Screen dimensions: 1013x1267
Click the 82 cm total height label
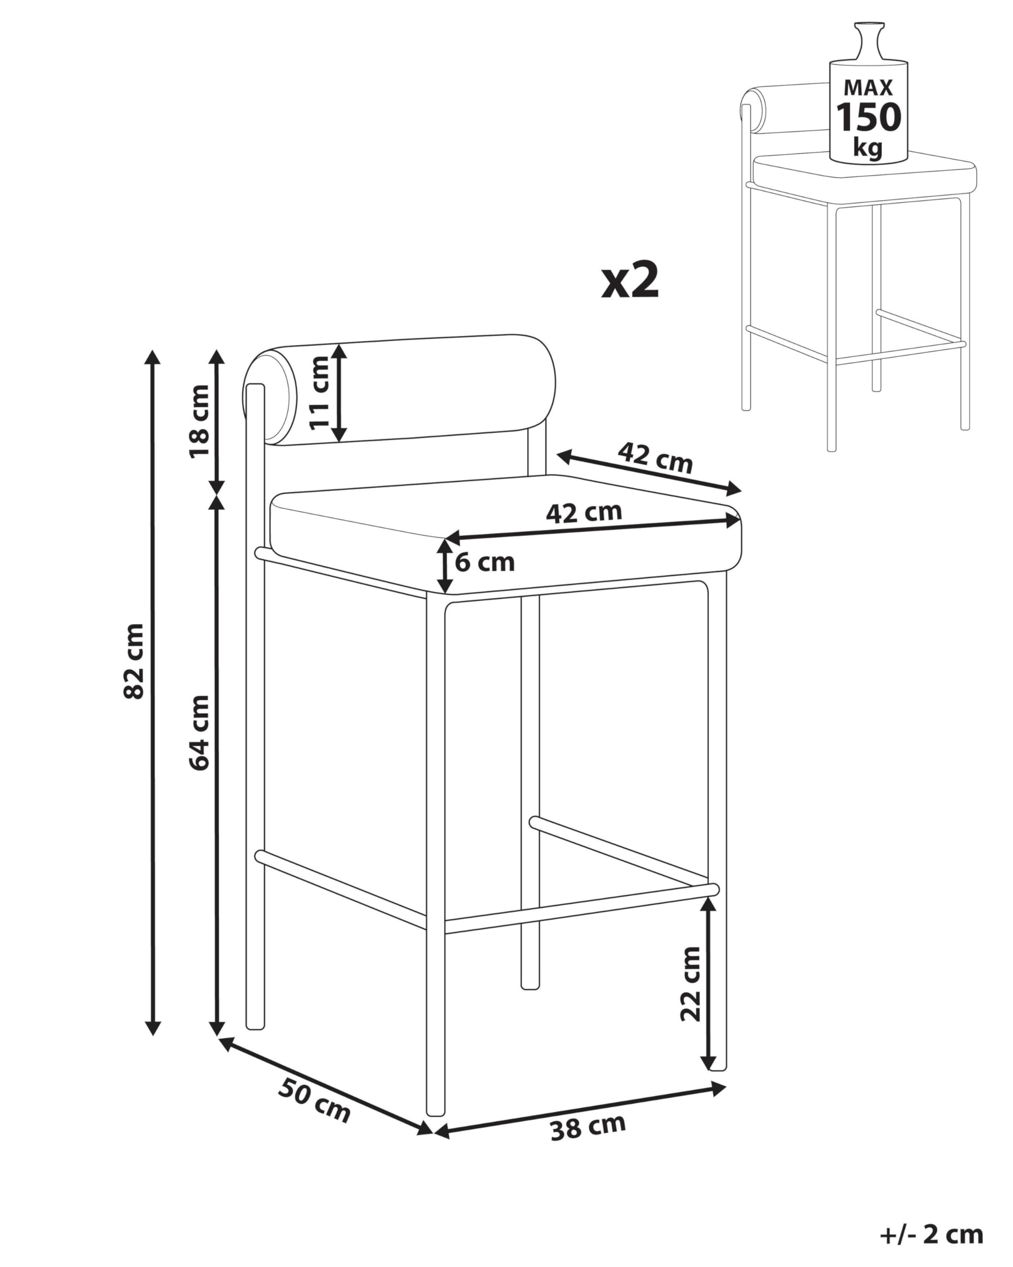[134, 662]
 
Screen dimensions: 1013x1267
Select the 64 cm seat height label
[199, 732]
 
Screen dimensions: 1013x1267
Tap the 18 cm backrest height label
[199, 421]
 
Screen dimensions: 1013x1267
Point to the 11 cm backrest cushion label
[320, 392]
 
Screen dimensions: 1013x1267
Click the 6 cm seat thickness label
[484, 562]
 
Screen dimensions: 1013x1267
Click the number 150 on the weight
[868, 117]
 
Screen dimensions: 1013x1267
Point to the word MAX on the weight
[868, 88]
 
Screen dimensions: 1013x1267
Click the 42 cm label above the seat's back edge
[655, 457]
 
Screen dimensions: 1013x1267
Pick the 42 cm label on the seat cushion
[584, 512]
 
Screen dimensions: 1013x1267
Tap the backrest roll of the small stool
[787, 110]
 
